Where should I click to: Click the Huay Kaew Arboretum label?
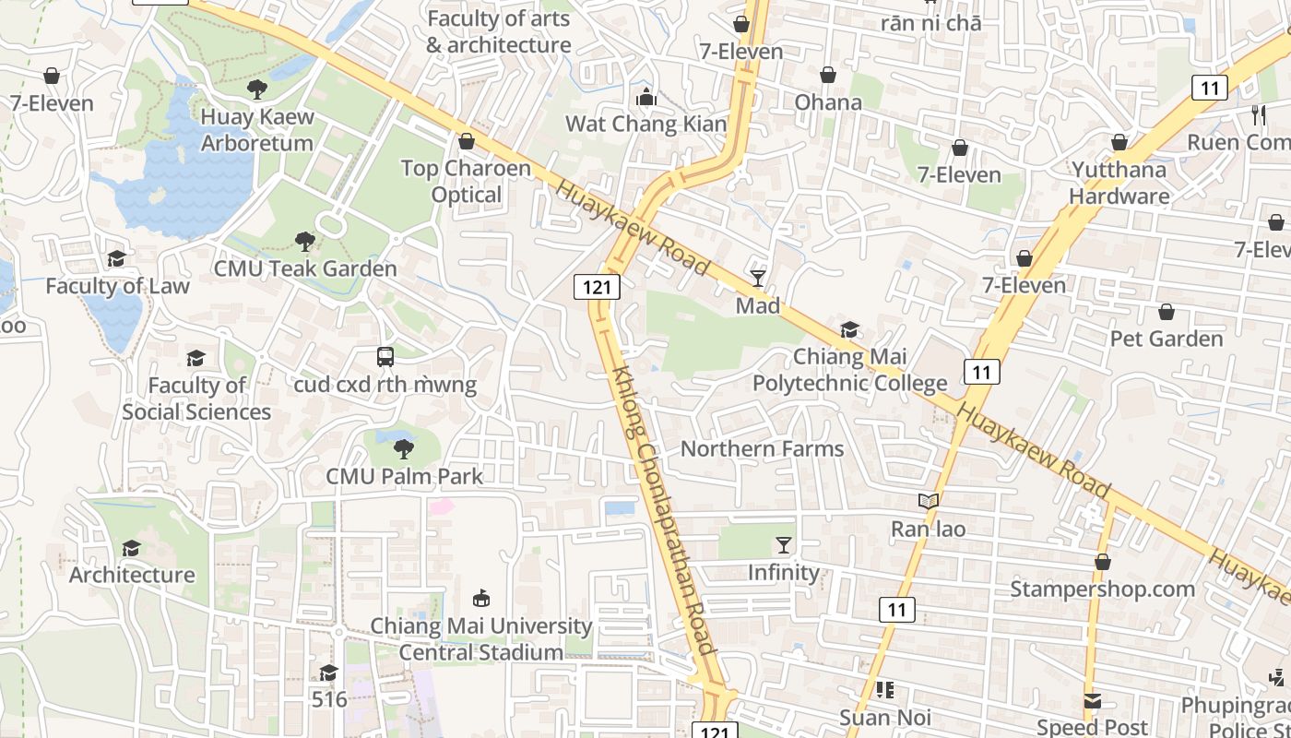click(257, 130)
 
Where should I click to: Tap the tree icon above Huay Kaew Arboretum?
click(257, 89)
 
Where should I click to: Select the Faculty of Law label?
click(117, 286)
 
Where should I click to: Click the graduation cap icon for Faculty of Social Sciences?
click(195, 358)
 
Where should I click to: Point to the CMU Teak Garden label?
click(305, 268)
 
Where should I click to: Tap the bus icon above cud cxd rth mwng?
click(385, 357)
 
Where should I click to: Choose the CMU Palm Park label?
click(404, 476)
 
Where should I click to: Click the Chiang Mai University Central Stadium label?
click(480, 638)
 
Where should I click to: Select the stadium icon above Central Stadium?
click(480, 599)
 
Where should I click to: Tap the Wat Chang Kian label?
click(645, 124)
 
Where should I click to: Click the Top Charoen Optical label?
click(467, 182)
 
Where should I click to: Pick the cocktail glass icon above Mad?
click(758, 278)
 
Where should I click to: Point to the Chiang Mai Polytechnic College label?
click(849, 370)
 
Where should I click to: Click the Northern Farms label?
click(762, 449)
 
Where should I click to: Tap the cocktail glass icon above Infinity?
click(784, 545)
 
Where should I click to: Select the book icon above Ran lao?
click(928, 502)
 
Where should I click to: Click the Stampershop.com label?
click(1102, 589)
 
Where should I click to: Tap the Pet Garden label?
click(1167, 339)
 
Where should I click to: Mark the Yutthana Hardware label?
click(1119, 183)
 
